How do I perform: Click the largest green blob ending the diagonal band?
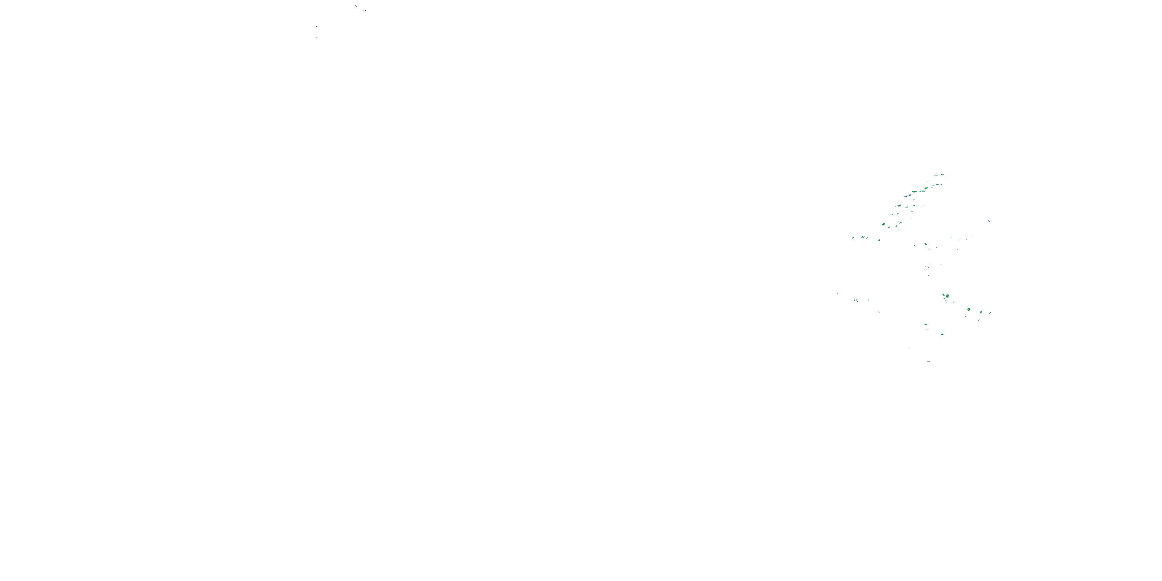coord(883,224)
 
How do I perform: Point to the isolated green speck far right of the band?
coord(989,222)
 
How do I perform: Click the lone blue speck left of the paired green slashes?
coord(853,238)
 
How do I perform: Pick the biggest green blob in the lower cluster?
coord(947,296)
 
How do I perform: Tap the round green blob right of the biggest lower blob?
coord(968,309)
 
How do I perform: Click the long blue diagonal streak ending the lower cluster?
coord(990,313)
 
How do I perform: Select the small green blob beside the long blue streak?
coord(981,312)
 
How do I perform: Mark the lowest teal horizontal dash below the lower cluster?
coord(928,361)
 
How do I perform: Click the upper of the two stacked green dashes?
coord(925,324)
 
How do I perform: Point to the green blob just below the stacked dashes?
coord(942,334)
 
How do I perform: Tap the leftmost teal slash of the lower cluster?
coord(837,293)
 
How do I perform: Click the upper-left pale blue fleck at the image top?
coord(356,6)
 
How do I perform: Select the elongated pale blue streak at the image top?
coord(364,10)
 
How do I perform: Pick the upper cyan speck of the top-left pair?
coord(316,27)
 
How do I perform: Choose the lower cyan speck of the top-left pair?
coord(316,38)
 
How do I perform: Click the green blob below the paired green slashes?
coord(879,240)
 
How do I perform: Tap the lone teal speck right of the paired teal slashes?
coord(879,311)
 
